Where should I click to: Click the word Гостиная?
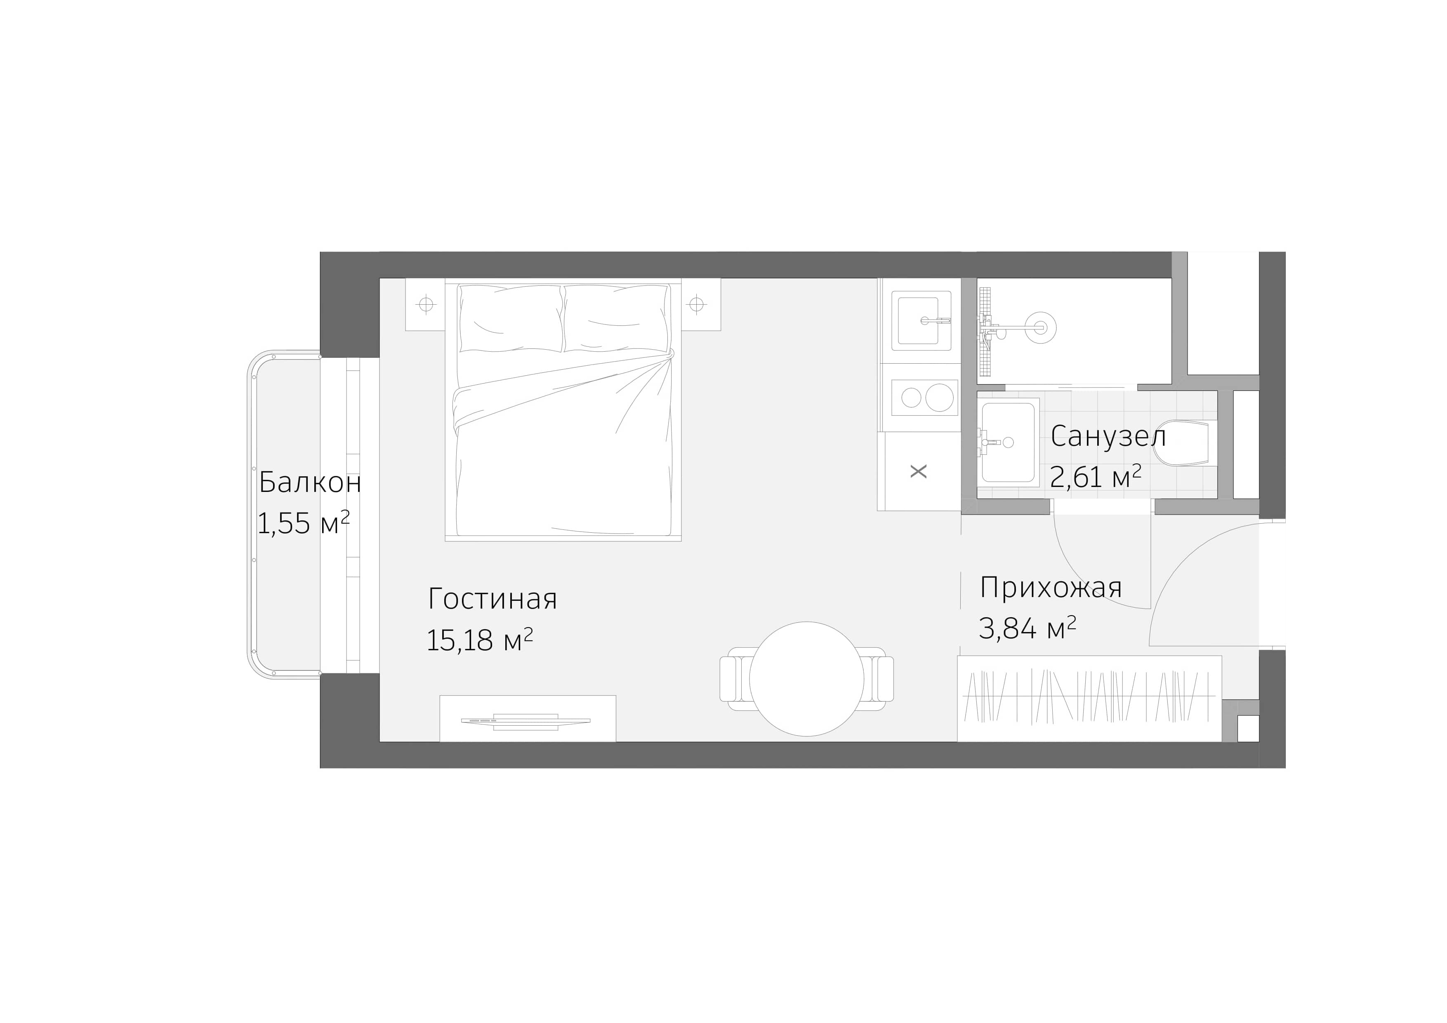pyautogui.click(x=492, y=599)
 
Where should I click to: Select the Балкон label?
pyautogui.click(x=310, y=483)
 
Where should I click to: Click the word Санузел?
pyautogui.click(x=1108, y=437)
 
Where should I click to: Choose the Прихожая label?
pyautogui.click(x=1051, y=588)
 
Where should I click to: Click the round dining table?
pyautogui.click(x=807, y=679)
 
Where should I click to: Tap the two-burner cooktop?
pyautogui.click(x=925, y=397)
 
